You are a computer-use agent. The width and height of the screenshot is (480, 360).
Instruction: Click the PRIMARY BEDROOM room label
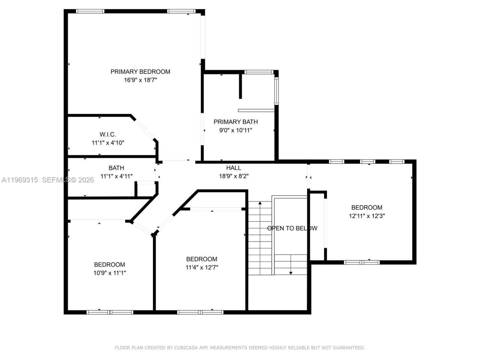[x=140, y=72]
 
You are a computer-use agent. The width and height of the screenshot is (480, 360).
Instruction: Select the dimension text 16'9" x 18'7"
[x=140, y=80]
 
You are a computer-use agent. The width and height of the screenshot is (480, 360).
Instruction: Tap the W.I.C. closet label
[x=108, y=134]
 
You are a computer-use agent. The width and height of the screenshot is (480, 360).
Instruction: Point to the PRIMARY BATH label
[x=235, y=122]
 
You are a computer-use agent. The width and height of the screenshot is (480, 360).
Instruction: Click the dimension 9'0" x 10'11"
[x=235, y=130]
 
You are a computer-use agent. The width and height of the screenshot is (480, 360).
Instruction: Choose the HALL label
[x=234, y=168]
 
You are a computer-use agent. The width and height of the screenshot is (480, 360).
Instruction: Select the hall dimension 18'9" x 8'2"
[x=234, y=176]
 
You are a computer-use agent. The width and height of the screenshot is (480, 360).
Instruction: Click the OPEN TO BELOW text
[x=292, y=228]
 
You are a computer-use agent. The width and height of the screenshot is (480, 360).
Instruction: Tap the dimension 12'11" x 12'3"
[x=367, y=216]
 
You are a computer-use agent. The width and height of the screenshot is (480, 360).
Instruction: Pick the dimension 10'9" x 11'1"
[x=109, y=273]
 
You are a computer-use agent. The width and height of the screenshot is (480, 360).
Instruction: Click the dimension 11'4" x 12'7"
[x=202, y=268]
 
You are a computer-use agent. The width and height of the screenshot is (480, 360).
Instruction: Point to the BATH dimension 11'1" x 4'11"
[x=116, y=176]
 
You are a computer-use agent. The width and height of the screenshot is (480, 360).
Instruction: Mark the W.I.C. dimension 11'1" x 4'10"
[x=108, y=143]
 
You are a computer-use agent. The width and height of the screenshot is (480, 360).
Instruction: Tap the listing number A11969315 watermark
[x=19, y=180]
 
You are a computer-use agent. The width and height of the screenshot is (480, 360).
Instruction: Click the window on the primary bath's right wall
[x=276, y=91]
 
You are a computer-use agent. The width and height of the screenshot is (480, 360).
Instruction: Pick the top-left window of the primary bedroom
[x=90, y=11]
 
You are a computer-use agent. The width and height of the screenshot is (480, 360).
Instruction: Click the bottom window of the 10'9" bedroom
[x=110, y=312]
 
